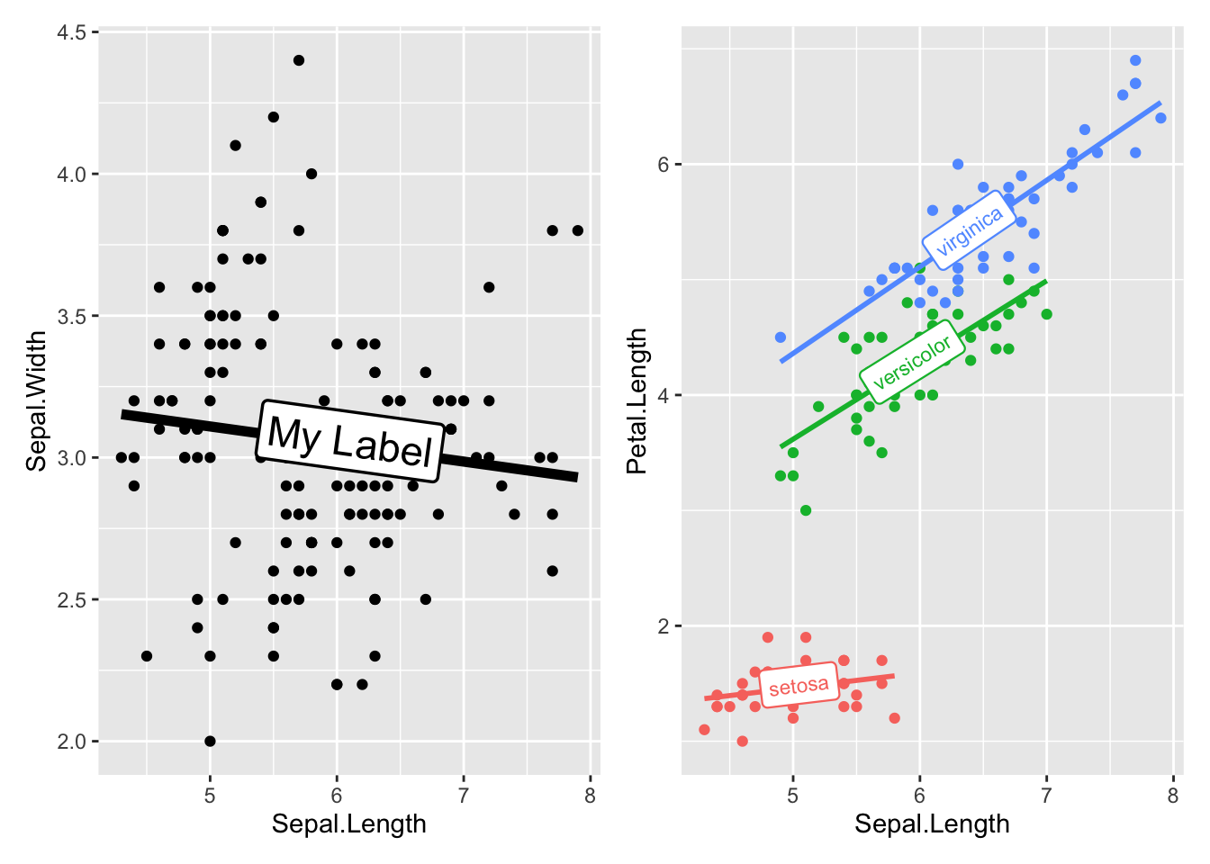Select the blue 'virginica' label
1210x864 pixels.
pos(969,232)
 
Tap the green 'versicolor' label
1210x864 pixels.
pos(912,362)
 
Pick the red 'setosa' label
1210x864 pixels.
pos(799,687)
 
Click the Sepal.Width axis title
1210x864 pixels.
pos(36,400)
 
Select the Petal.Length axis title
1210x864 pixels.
pos(637,400)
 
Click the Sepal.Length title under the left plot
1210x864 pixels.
pos(349,823)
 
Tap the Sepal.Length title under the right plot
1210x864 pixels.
pos(932,823)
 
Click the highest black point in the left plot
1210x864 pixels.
pos(299,60)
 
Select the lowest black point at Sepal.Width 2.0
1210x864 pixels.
pos(210,742)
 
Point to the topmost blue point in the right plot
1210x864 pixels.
pos(1135,60)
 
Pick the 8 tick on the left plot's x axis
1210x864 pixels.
pos(590,796)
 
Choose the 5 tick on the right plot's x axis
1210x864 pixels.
pos(793,796)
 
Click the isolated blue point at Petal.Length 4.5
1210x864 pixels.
pos(781,337)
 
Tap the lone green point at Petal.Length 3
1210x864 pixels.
pos(806,510)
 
